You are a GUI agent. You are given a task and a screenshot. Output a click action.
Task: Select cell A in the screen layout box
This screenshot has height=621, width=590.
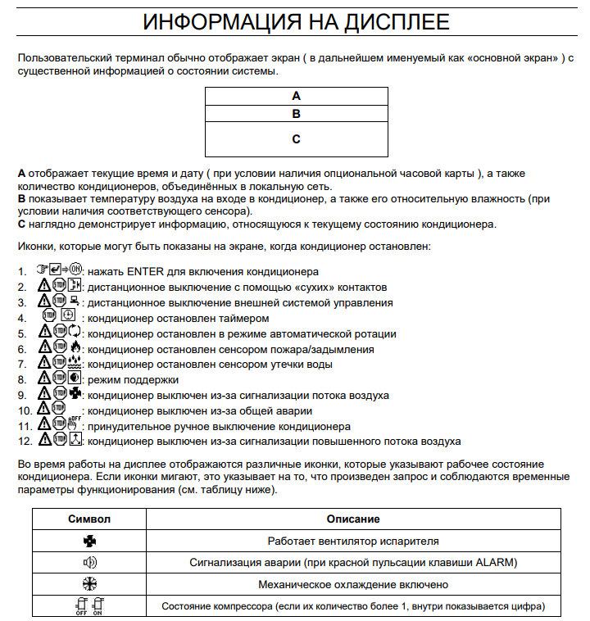[296, 95]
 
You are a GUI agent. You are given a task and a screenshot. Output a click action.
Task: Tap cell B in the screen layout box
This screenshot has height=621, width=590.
[296, 114]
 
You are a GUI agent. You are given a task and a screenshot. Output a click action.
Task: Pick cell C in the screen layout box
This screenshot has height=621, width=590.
[296, 139]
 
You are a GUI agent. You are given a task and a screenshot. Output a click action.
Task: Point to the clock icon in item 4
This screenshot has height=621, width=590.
[69, 318]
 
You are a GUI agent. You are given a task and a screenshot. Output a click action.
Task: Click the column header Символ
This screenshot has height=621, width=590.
[90, 519]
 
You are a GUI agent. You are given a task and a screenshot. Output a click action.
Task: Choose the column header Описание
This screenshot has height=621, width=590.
[353, 519]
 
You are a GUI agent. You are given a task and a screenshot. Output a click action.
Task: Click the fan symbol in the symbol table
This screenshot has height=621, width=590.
[90, 541]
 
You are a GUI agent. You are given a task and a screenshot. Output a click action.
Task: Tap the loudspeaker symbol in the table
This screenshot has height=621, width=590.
[90, 562]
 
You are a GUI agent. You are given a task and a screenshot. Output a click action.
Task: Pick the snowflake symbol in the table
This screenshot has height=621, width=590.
[90, 584]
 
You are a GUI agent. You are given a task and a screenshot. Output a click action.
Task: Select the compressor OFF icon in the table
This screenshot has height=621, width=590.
[82, 607]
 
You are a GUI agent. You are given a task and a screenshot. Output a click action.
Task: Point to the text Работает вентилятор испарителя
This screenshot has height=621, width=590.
[353, 541]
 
